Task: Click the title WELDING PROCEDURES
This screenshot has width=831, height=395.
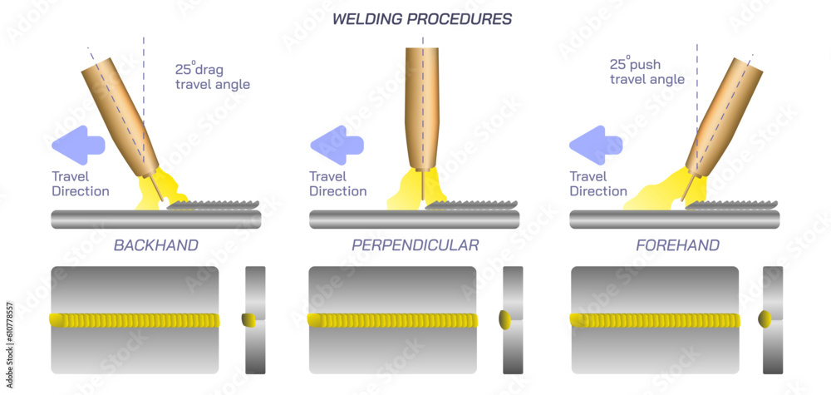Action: point(422,18)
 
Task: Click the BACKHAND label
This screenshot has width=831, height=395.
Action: point(155,245)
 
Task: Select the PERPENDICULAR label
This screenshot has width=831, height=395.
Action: point(415,245)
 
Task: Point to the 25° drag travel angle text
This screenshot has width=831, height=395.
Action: point(212,77)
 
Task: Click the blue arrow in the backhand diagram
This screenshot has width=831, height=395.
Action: point(78,146)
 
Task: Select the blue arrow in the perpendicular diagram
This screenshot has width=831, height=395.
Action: point(337,146)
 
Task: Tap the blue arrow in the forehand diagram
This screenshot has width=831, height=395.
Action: point(595,146)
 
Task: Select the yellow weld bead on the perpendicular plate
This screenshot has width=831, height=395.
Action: point(392,320)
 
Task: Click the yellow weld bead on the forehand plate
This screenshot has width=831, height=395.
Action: point(655,320)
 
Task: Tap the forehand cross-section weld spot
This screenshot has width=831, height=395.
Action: point(766,319)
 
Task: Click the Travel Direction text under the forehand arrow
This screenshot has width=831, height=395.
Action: point(598,184)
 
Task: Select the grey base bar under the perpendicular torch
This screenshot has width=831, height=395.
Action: point(415,220)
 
